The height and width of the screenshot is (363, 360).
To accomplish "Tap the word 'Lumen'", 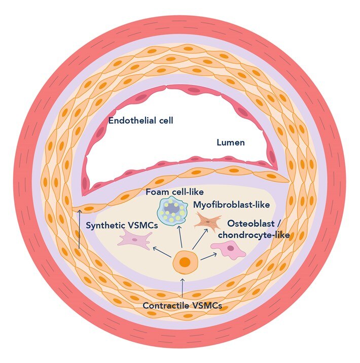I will point(230,143).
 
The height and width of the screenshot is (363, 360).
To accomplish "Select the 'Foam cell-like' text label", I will point(167,193).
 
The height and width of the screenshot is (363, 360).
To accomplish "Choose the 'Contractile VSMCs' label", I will point(182,306).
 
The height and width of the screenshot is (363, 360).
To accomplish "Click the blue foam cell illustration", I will point(171,209).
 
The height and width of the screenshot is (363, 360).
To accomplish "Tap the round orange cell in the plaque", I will point(184,262).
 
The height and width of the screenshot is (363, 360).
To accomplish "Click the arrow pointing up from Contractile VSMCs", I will point(183,287).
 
